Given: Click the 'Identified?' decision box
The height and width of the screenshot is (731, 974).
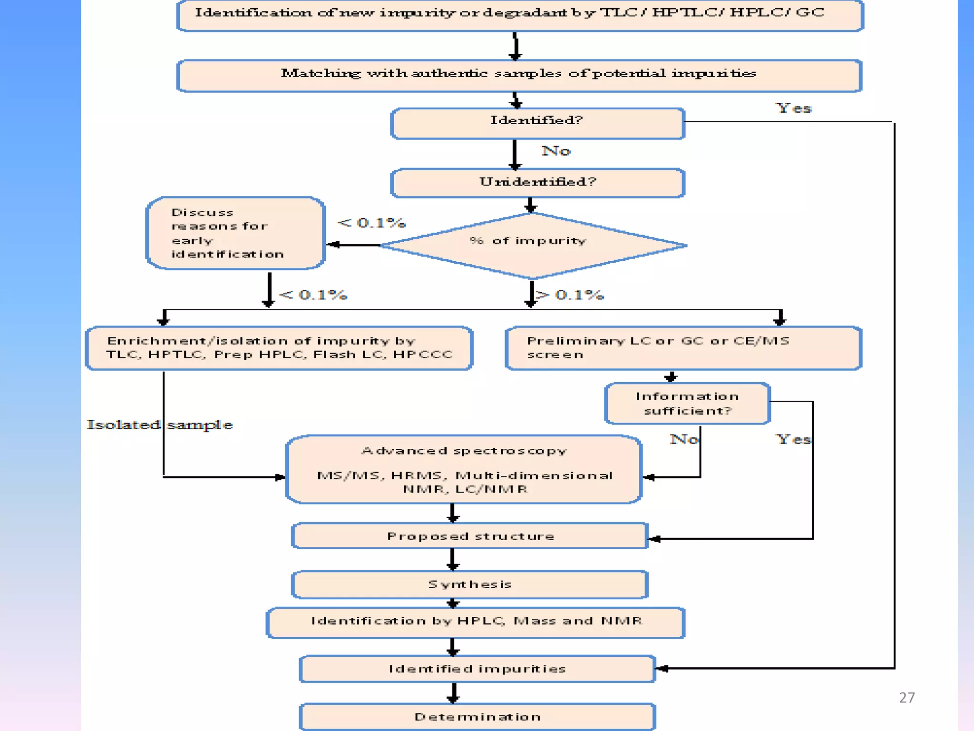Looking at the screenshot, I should pos(537,123).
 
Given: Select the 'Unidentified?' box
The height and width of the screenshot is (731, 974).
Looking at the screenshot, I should pos(537,182).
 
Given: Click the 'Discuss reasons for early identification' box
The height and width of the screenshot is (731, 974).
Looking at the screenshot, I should pos(235,233).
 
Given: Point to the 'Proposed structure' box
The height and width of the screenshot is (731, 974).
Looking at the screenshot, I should pos(470,536).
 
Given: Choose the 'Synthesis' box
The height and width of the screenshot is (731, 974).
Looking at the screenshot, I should pos(470,584).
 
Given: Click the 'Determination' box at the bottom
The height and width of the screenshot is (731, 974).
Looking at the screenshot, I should pos(477,717).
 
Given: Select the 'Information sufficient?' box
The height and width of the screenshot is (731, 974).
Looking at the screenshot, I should pos(687,404).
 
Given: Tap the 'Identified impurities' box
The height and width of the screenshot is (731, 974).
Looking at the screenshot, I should pos(477,669).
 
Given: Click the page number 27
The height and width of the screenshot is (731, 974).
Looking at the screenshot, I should pos(906,698).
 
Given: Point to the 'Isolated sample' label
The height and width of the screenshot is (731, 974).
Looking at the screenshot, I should pos(159,425).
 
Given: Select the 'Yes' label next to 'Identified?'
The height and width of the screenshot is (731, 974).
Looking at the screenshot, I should pos(794,109).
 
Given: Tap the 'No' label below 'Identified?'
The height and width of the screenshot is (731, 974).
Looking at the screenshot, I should pos(555,151).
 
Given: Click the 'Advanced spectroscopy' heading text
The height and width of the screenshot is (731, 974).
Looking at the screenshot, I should pos(464,451).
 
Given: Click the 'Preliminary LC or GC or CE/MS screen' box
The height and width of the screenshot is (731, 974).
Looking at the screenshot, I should pos(683,348).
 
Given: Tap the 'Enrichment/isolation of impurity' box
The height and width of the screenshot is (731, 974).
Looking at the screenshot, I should pos(279,348).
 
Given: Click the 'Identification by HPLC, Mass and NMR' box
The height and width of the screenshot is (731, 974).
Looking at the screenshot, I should pos(476,622).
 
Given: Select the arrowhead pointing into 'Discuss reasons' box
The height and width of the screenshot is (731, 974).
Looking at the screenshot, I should pos(333,245).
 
